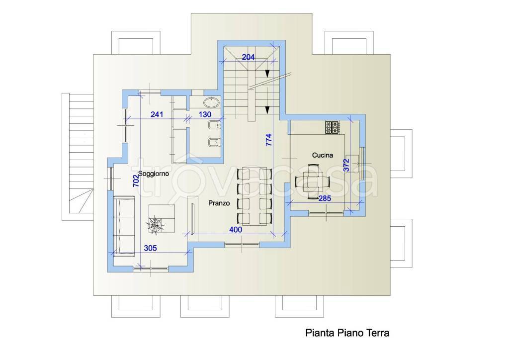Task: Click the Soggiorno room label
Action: coord(154,174)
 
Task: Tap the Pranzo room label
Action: coord(219,203)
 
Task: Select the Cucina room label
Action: coord(323,155)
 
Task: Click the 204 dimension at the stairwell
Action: coord(249,57)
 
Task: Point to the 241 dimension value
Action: coord(157,114)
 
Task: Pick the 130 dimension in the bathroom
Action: coord(205,114)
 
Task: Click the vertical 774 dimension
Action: coord(269,140)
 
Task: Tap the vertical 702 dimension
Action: coord(136,180)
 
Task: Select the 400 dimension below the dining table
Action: coord(236,230)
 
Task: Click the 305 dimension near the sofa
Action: coord(150,248)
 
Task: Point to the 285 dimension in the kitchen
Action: coord(325,198)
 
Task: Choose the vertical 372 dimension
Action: coord(346,165)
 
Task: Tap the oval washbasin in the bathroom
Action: coord(212,102)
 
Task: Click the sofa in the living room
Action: coord(124,226)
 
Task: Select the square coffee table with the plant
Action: coord(162,218)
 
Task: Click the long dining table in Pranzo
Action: coord(254,196)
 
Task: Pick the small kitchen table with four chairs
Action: coord(313,181)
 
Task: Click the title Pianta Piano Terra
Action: coord(347,333)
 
